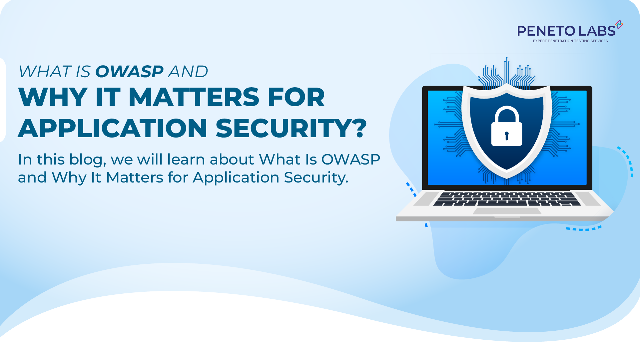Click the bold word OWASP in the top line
click(x=129, y=72)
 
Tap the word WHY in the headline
click(x=53, y=97)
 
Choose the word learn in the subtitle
click(x=186, y=160)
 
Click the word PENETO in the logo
click(x=546, y=31)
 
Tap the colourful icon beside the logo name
click(x=619, y=24)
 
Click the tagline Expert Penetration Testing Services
click(x=570, y=41)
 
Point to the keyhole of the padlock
click(x=506, y=136)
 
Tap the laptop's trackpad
click(x=507, y=211)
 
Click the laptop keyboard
click(x=506, y=198)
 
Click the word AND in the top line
click(x=188, y=72)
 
